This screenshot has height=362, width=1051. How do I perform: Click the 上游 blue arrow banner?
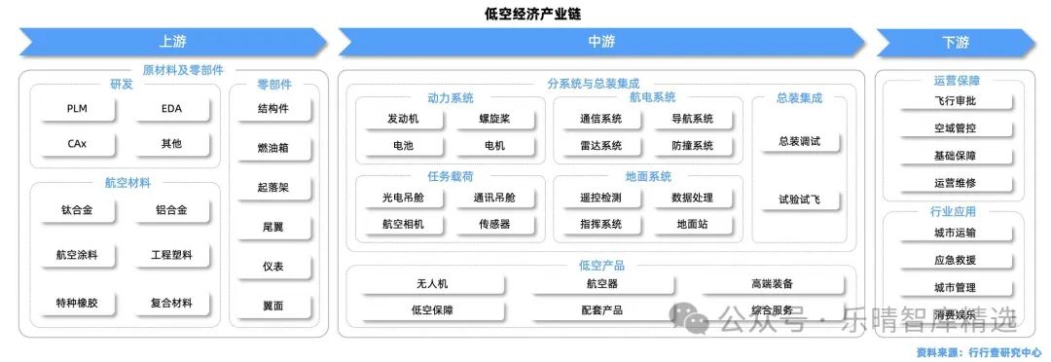[173, 42]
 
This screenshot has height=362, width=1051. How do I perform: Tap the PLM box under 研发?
[77, 109]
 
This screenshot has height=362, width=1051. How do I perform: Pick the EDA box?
[171, 109]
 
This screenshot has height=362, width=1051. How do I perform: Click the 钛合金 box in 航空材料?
[77, 210]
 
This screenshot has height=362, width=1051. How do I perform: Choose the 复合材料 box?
[171, 303]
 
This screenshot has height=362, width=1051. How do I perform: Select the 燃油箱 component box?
[273, 148]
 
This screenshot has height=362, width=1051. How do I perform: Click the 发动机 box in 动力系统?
[404, 119]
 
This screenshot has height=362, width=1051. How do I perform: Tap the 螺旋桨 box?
[494, 119]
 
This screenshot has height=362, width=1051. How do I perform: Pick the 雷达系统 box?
[600, 145]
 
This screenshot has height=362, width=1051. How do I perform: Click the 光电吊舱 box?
[404, 198]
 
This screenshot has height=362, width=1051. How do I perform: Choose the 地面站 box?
[693, 225]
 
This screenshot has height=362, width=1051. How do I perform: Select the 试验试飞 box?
[800, 199]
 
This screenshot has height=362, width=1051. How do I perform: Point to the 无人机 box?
[432, 283]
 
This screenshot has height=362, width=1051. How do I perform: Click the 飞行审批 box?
[956, 102]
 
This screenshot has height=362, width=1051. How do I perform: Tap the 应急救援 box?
[956, 261]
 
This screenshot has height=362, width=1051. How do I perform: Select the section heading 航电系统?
[652, 98]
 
